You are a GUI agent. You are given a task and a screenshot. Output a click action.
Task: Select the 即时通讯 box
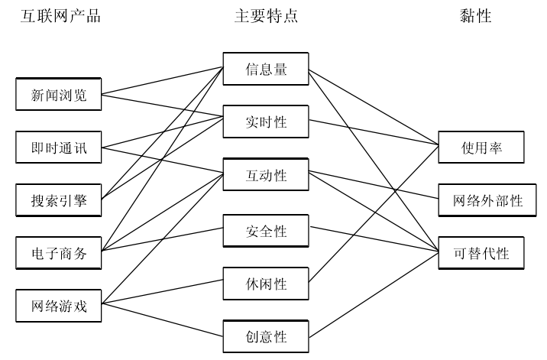point(59,148)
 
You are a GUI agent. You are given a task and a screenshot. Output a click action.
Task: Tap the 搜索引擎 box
point(59,201)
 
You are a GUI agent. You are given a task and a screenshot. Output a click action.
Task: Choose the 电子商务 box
point(59,254)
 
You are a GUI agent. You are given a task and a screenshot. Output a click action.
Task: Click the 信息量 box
point(266,69)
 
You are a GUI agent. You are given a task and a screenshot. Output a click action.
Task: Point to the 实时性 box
point(266,122)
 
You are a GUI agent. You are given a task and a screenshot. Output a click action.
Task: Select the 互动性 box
point(266,175)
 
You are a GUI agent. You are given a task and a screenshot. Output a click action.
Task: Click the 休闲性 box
point(266,282)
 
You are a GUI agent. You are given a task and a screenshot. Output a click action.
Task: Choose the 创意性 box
point(266,335)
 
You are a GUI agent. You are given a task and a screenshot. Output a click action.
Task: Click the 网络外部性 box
point(481,200)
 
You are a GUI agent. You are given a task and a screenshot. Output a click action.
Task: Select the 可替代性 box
point(481,253)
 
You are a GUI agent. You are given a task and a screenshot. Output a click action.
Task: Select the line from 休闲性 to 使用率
point(374,214)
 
